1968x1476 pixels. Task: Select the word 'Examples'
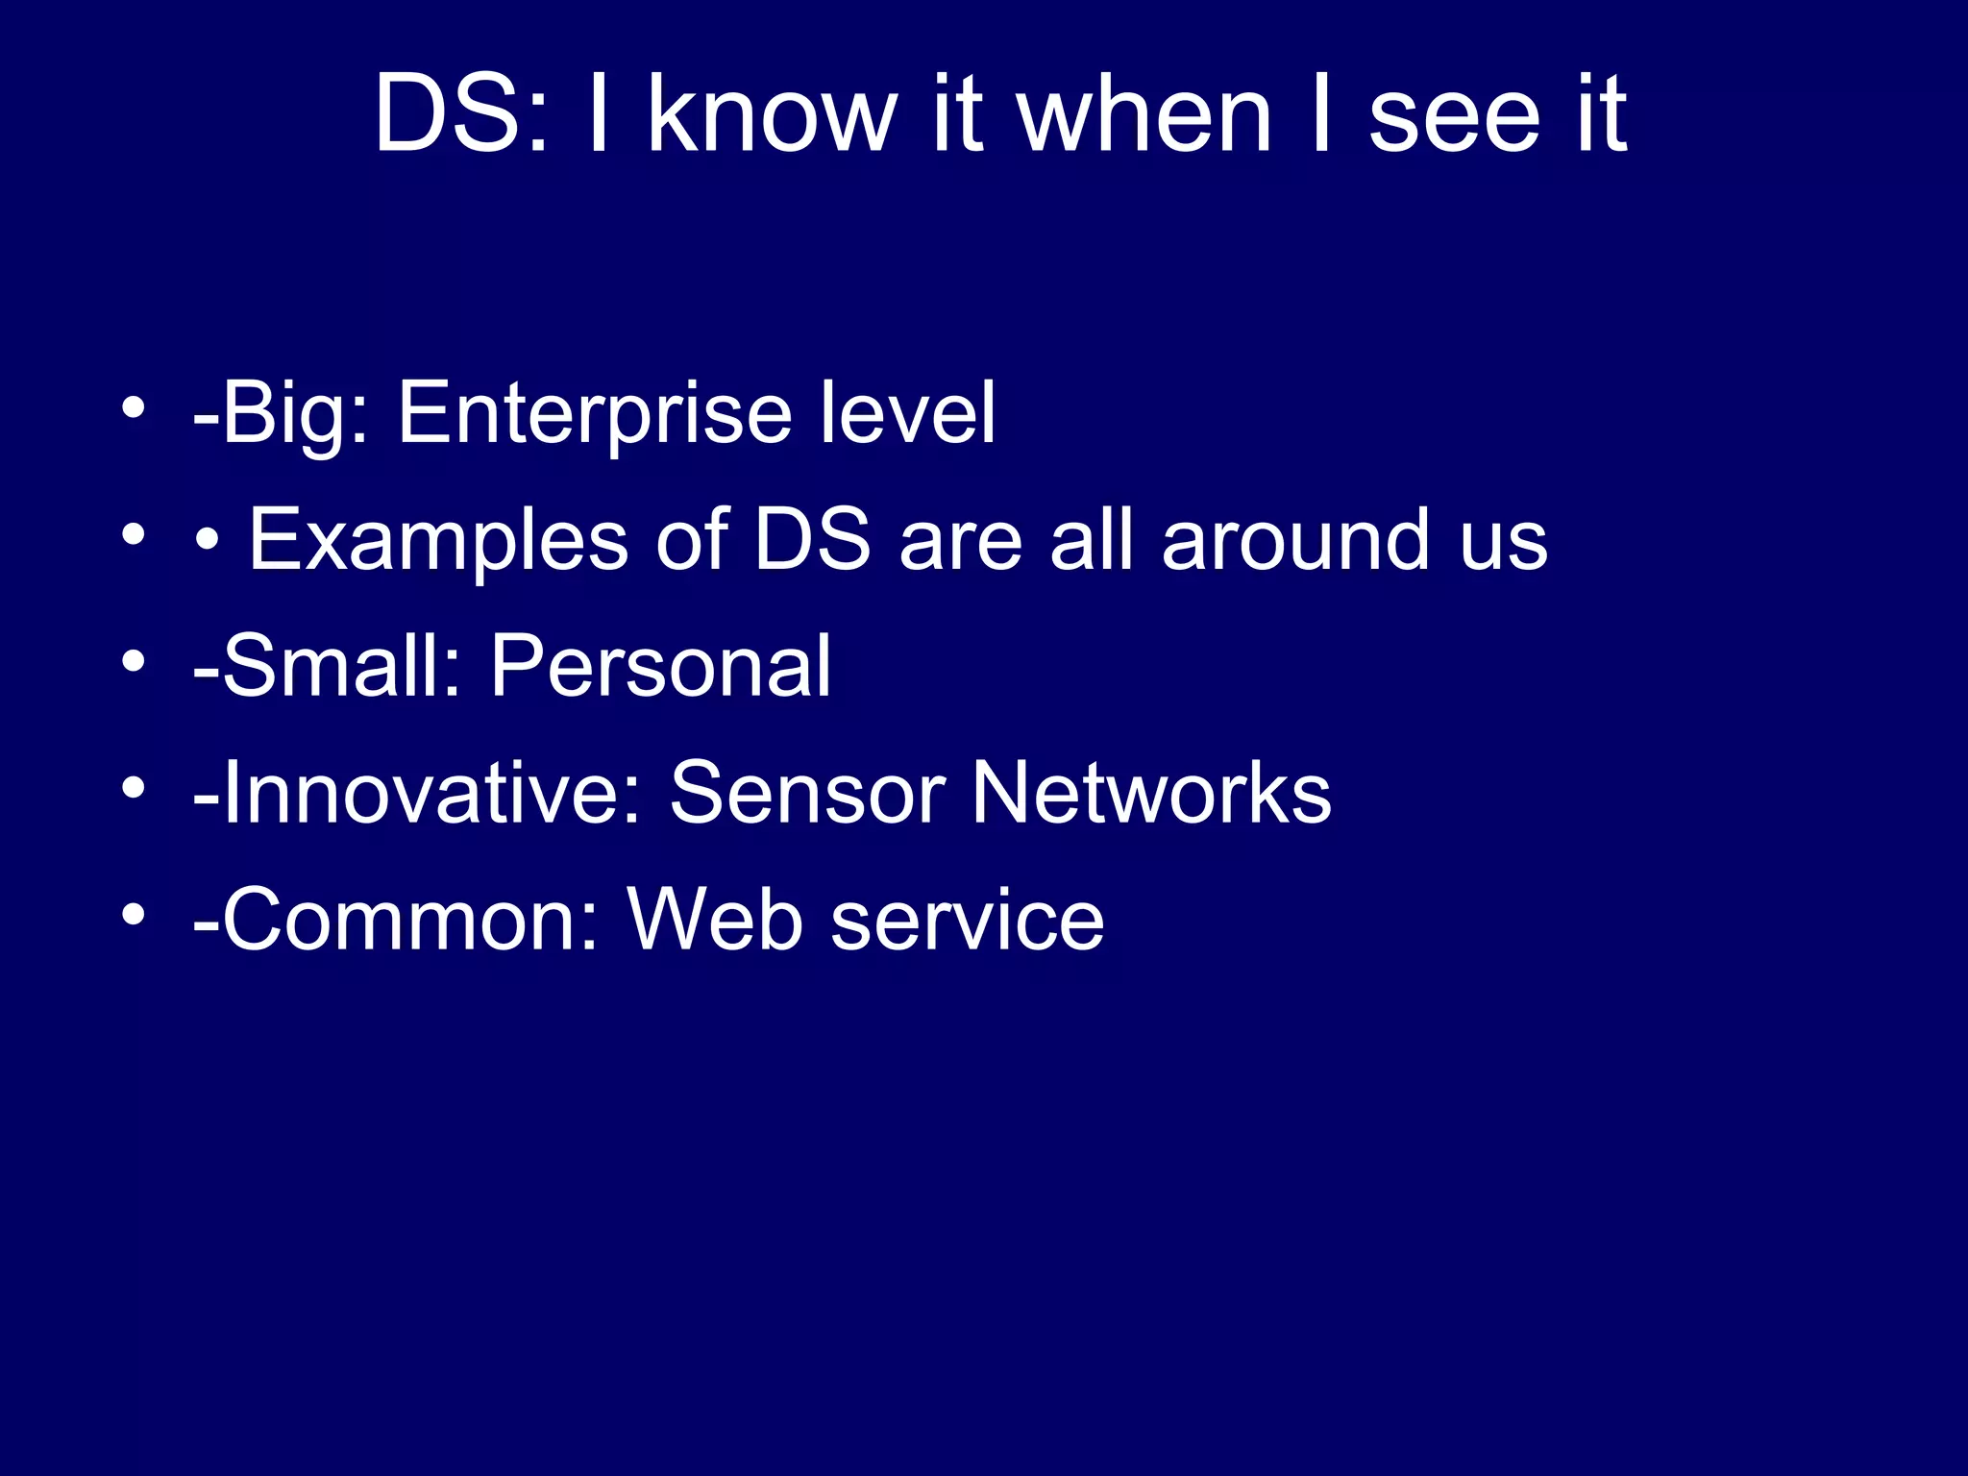pyautogui.click(x=438, y=541)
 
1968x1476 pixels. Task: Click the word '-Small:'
pyautogui.click(x=328, y=666)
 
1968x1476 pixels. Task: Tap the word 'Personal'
pyautogui.click(x=660, y=666)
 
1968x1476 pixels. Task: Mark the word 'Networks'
pyautogui.click(x=1151, y=793)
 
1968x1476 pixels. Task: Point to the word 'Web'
pyautogui.click(x=715, y=920)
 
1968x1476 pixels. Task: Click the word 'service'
pyautogui.click(x=967, y=921)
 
